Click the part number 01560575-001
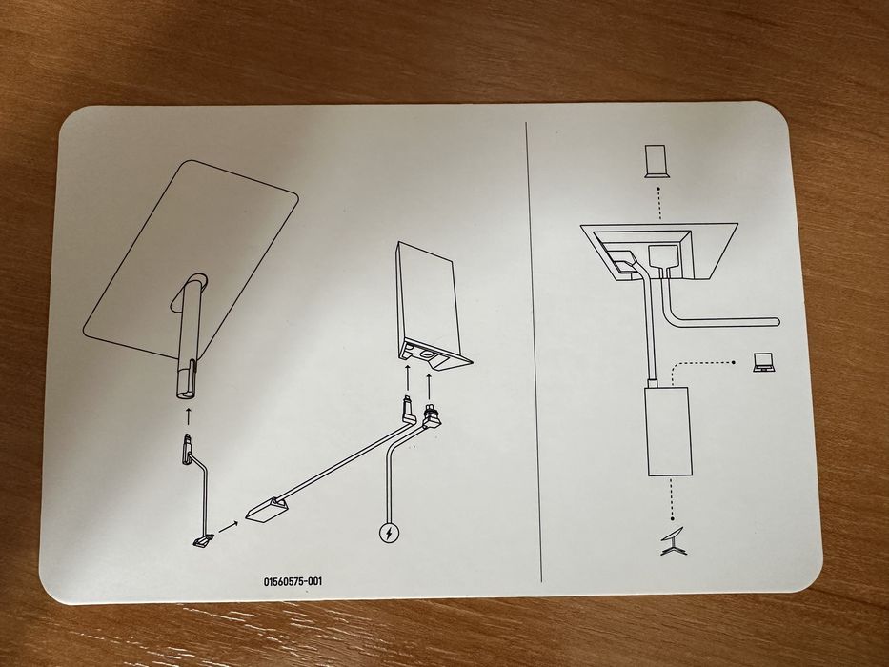[293, 581]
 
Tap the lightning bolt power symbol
[389, 534]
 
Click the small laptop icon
[764, 362]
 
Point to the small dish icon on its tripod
[674, 541]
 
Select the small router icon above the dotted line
[657, 162]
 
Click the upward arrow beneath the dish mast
[189, 415]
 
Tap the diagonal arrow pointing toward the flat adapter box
[228, 527]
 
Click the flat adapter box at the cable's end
[267, 511]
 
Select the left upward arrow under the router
[408, 378]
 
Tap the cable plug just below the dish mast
[187, 450]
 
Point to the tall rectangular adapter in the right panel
[670, 431]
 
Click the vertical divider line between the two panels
[534, 352]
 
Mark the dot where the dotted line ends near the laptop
[735, 362]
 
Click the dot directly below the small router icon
[658, 189]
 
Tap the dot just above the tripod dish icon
[673, 518]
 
